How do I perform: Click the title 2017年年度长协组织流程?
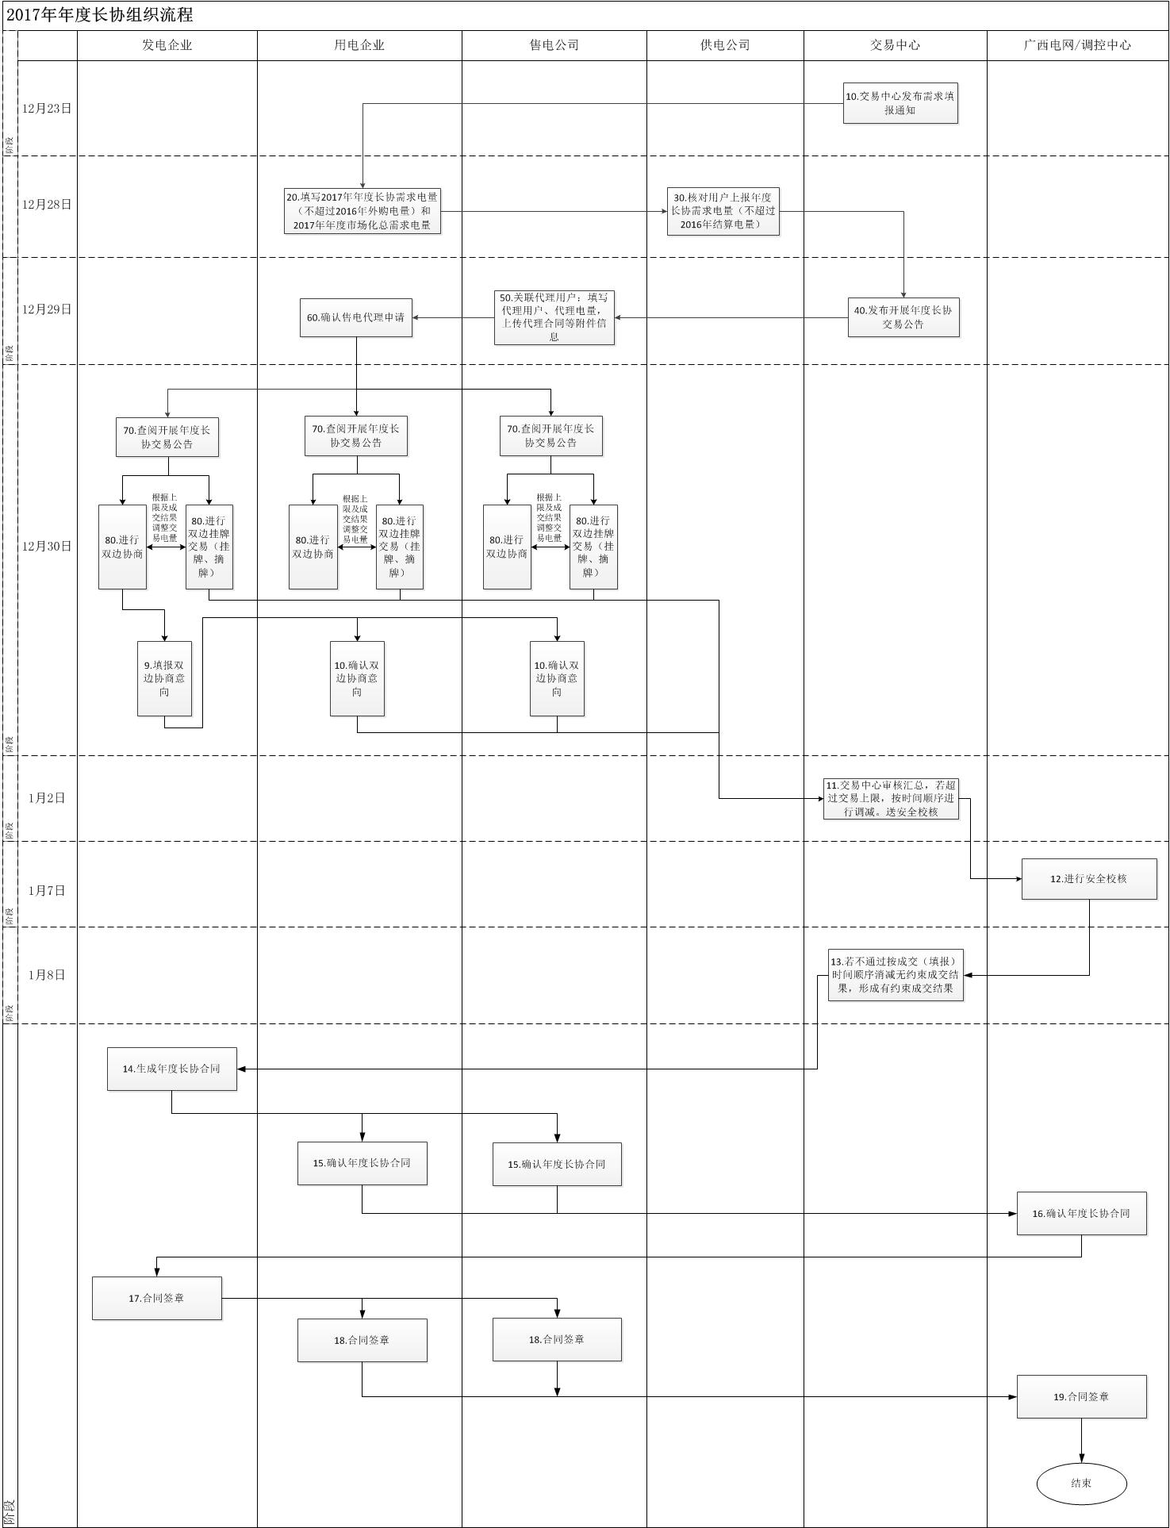100,15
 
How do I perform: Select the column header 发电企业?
167,45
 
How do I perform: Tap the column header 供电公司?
725,45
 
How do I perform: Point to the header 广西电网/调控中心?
1076,45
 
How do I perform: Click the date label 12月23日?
47,109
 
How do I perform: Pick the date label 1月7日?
47,891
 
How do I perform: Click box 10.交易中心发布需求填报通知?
900,103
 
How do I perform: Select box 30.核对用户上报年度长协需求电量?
723,211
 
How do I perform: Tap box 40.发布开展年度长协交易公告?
903,317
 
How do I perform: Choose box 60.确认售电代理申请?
356,317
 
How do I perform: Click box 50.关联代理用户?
554,317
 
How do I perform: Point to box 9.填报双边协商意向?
164,678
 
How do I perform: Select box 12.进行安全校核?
1088,879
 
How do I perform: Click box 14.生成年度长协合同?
171,1069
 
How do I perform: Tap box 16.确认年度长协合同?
1081,1213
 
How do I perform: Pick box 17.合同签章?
156,1299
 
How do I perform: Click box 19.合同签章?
1081,1397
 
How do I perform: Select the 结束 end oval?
1081,1483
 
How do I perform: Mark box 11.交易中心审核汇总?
891,798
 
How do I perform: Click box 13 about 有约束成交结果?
896,975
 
